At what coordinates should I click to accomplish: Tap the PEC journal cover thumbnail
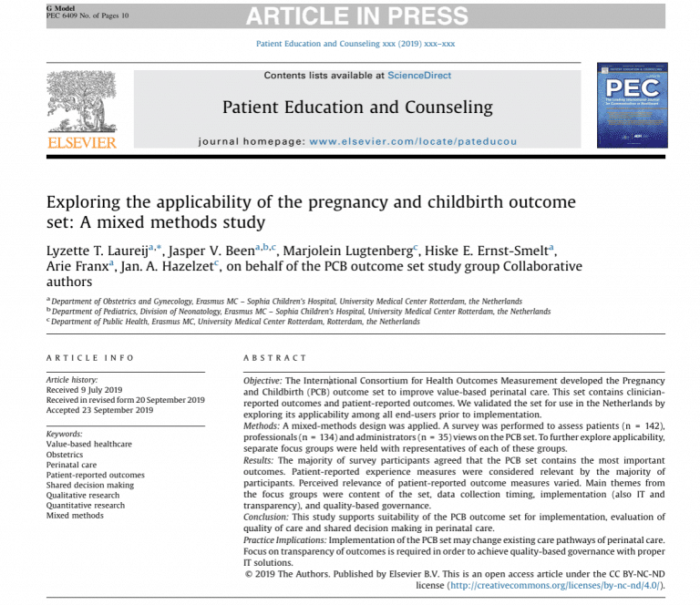(x=631, y=105)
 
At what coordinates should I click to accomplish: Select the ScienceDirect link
(x=418, y=75)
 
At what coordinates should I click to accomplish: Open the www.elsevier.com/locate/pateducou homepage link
(x=413, y=142)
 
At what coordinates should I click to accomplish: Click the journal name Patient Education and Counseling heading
(x=357, y=108)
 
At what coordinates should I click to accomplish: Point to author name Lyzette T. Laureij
(x=99, y=249)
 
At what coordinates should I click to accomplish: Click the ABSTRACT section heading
(x=274, y=358)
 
